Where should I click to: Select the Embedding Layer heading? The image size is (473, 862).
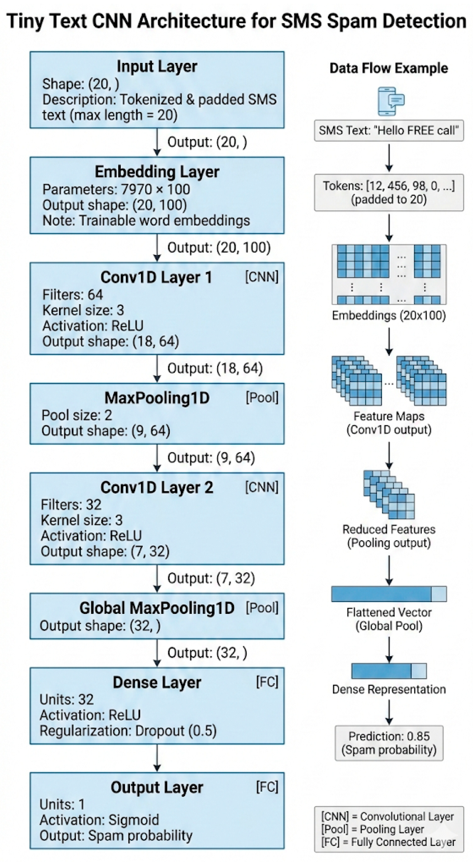[x=157, y=172]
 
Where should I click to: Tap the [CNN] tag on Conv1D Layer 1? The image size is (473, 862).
[x=262, y=277]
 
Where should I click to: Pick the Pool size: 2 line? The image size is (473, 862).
[x=77, y=415]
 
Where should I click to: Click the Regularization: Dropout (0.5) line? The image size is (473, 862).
[x=128, y=731]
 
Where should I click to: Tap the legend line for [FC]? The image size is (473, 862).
[x=388, y=842]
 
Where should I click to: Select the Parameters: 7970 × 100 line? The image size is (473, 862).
[x=116, y=190]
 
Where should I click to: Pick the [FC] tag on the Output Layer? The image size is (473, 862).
[x=267, y=787]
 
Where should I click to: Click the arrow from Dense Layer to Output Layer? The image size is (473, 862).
[x=157, y=758]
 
